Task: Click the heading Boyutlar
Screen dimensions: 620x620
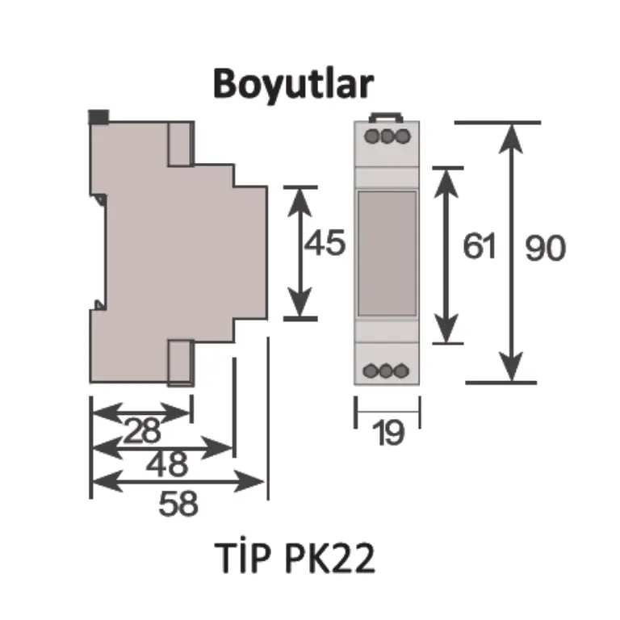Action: (x=293, y=85)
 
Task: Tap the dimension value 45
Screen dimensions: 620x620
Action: (x=325, y=243)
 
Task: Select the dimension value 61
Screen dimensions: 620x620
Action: (x=480, y=246)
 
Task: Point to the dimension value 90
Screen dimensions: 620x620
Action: (x=545, y=248)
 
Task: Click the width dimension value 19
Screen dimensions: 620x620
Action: (x=388, y=434)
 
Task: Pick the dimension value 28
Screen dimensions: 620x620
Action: (x=142, y=430)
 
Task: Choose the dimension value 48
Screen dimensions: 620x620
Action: (x=167, y=464)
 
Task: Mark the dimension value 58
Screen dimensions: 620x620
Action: (x=178, y=504)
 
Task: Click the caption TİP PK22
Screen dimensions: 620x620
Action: (x=295, y=557)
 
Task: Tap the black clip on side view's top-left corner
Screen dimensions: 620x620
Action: (x=98, y=117)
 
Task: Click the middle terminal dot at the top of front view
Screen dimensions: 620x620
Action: (x=387, y=136)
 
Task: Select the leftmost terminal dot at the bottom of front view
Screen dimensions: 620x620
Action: (x=371, y=371)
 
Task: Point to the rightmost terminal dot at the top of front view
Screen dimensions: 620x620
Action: (x=403, y=136)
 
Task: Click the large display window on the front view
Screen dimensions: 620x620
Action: (x=387, y=253)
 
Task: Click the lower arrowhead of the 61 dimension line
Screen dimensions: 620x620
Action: (x=446, y=328)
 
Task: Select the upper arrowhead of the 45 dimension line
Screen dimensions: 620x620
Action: (x=300, y=202)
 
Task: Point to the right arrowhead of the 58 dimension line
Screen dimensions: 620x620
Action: (x=249, y=482)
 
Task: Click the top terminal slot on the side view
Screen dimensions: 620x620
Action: (x=182, y=144)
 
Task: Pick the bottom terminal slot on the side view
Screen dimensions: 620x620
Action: (x=182, y=362)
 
